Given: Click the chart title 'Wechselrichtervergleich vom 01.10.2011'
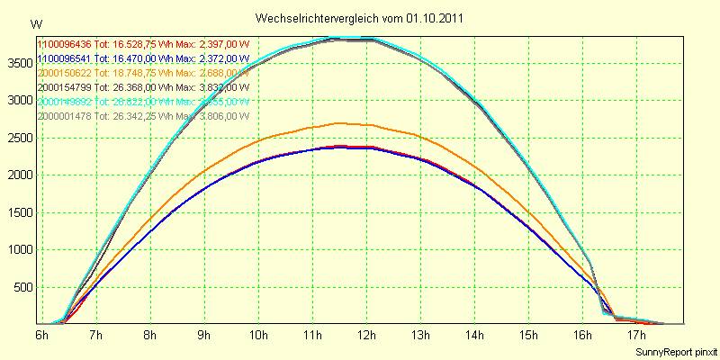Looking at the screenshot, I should pyautogui.click(x=360, y=18).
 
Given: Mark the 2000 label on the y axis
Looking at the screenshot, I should pyautogui.click(x=19, y=175).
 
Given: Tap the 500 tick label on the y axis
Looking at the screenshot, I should pyautogui.click(x=22, y=288).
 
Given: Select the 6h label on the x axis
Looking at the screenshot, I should pyautogui.click(x=41, y=335).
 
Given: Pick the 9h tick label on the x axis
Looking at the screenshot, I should pyautogui.click(x=204, y=335).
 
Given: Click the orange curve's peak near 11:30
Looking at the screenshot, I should pyautogui.click(x=338, y=123).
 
